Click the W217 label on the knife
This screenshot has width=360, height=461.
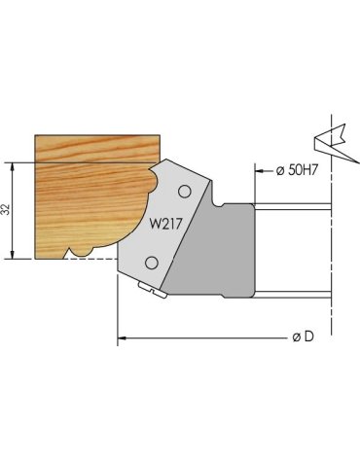coord(167,222)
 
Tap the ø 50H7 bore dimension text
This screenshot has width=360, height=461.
coord(299,171)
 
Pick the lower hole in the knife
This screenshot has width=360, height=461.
coord(153,264)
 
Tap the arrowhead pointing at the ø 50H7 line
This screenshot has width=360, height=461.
coord(261,171)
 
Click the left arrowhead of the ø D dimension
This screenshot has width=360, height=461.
coord(123,338)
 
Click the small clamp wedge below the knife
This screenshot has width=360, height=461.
coord(149,288)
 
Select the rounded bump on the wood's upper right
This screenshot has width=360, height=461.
coord(153,180)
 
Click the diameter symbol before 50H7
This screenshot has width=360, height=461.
coord(280,171)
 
